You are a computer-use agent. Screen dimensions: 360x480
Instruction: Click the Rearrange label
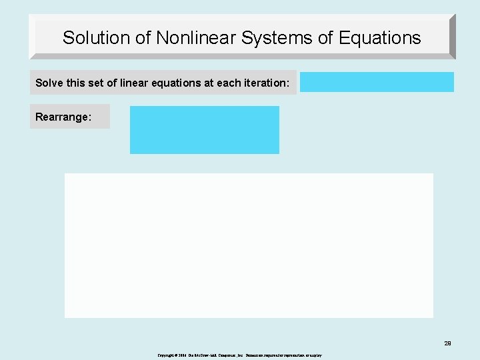pyautogui.click(x=63, y=117)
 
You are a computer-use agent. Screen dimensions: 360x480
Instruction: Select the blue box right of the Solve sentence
pyautogui.click(x=377, y=82)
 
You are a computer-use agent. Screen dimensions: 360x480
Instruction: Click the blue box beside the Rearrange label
pyautogui.click(x=204, y=130)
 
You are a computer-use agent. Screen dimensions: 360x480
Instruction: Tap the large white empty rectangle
pyautogui.click(x=249, y=245)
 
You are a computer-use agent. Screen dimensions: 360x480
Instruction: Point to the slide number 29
pyautogui.click(x=447, y=343)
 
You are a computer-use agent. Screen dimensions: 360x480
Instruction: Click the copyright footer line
pyautogui.click(x=240, y=355)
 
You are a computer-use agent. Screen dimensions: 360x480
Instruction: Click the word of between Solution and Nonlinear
pyautogui.click(x=143, y=38)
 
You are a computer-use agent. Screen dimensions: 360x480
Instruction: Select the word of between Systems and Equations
pyautogui.click(x=325, y=38)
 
